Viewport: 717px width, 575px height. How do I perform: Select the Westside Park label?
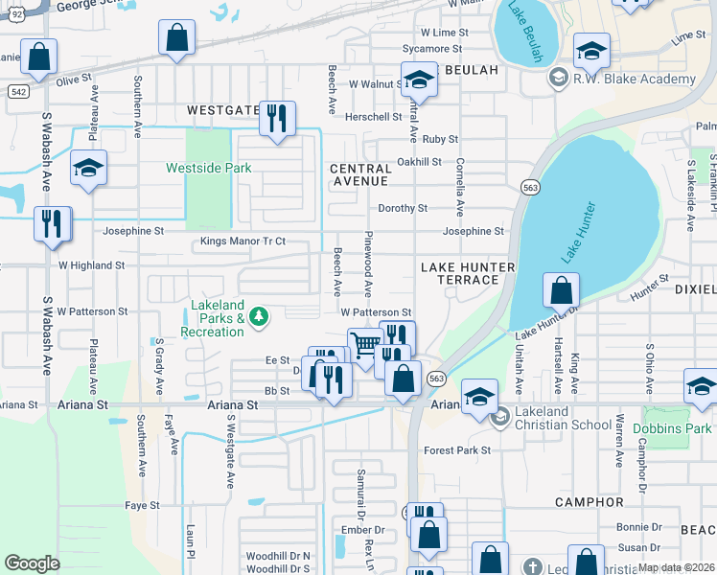click(209, 168)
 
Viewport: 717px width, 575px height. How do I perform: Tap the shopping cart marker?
click(365, 346)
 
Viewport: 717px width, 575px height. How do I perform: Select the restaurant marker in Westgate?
click(277, 120)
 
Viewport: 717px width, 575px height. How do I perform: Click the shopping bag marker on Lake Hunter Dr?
click(561, 290)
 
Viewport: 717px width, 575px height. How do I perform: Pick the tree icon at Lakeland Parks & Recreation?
click(258, 317)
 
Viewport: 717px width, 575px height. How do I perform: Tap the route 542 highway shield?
click(19, 91)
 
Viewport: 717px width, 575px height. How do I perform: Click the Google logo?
click(32, 563)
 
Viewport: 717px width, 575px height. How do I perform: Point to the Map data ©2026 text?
click(676, 566)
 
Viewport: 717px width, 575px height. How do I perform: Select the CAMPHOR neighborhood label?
click(589, 502)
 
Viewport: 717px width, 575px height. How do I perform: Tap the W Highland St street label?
click(91, 265)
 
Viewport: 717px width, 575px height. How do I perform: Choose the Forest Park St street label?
click(457, 449)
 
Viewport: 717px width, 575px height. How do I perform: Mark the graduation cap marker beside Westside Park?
click(88, 170)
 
